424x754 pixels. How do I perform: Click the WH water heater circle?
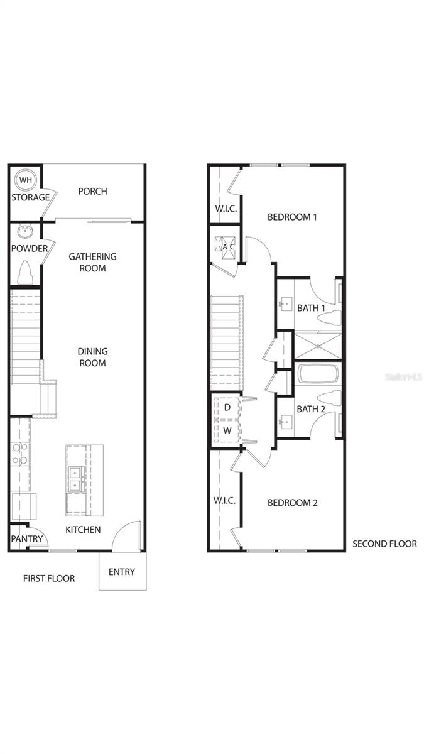(x=25, y=179)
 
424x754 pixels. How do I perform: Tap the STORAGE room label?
(x=30, y=197)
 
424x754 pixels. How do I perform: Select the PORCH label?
(x=92, y=192)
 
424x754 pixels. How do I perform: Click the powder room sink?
(x=25, y=231)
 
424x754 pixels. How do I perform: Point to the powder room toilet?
(x=26, y=273)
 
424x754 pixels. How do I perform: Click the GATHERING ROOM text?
(x=92, y=262)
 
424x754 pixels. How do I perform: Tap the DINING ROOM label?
(x=92, y=357)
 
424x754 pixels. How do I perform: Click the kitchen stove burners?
(x=20, y=454)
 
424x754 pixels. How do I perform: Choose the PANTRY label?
(x=27, y=538)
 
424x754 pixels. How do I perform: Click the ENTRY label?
(x=122, y=572)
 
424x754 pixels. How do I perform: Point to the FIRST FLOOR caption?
(x=49, y=578)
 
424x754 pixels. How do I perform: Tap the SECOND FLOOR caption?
(x=384, y=544)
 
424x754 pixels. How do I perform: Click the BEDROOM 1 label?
(x=292, y=217)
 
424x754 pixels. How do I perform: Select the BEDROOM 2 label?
(x=292, y=503)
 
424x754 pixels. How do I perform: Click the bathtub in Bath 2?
(x=318, y=376)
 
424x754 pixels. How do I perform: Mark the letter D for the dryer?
(x=227, y=407)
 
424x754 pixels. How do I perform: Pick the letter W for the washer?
(x=227, y=431)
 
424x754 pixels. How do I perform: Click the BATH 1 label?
(x=312, y=308)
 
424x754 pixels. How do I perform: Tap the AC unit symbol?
(x=225, y=246)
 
